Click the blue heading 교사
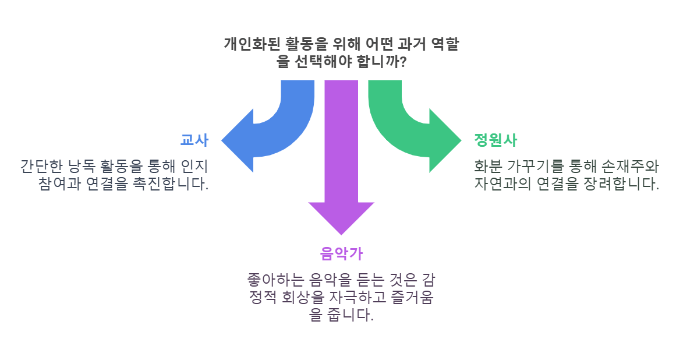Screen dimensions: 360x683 pos(194,140)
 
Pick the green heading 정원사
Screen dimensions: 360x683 pos(496,140)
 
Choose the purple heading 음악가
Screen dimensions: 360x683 pos(341,253)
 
